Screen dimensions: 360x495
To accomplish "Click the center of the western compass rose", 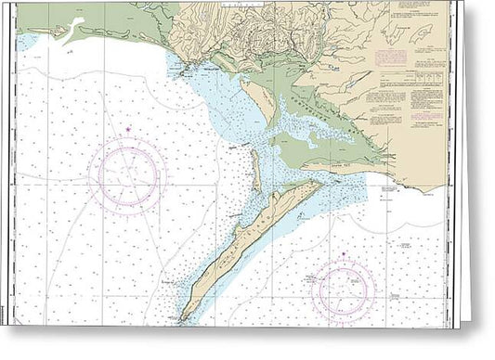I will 127,174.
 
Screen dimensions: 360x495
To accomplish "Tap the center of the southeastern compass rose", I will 345,291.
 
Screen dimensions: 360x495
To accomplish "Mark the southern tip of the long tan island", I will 183,319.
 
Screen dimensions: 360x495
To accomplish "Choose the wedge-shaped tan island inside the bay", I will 261,101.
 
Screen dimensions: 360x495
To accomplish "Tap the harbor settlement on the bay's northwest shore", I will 192,71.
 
